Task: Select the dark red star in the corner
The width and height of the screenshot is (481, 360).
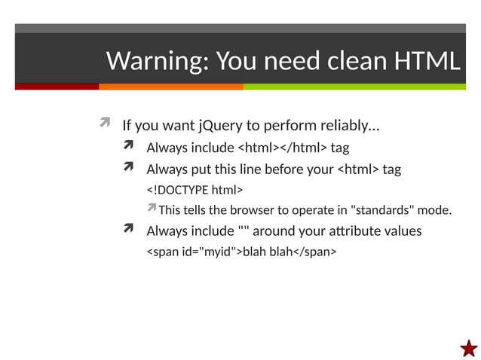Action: point(468,348)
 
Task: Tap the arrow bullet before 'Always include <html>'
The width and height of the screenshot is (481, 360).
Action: point(130,146)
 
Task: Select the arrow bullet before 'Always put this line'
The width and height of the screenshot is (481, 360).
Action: point(130,168)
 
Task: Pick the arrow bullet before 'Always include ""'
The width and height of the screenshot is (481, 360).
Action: point(130,230)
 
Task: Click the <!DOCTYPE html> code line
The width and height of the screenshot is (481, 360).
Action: point(194,189)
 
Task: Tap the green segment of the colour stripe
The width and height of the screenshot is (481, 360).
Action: point(354,87)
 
